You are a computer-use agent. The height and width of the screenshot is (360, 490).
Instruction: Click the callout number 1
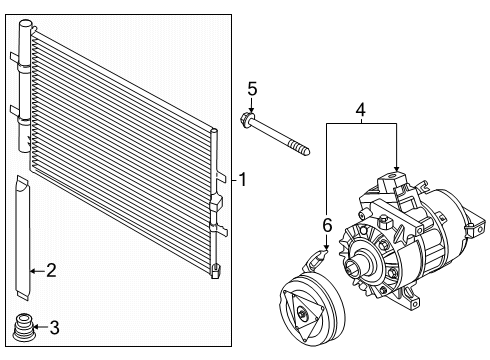[241, 180]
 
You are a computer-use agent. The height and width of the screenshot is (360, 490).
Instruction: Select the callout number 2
[51, 268]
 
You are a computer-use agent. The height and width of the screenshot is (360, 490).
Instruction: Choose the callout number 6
[326, 225]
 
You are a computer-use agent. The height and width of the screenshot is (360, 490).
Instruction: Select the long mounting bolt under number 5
[281, 139]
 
